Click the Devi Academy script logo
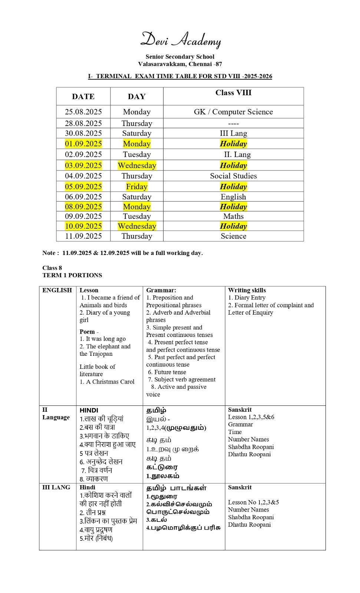(181, 40)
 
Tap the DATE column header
(83, 97)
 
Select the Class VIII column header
(233, 93)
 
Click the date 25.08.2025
(83, 112)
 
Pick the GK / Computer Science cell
(233, 112)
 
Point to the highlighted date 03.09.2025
(83, 165)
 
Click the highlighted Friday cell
(136, 186)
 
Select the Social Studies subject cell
(233, 176)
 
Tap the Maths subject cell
(233, 216)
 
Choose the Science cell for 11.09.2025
(233, 236)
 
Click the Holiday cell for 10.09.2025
(233, 226)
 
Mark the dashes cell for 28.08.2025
(233, 123)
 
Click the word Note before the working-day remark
(49, 253)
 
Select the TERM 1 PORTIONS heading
(72, 275)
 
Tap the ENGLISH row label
(57, 290)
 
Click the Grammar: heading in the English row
(161, 290)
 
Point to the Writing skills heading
(247, 290)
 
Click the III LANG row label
(56, 487)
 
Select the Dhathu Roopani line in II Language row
(249, 454)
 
